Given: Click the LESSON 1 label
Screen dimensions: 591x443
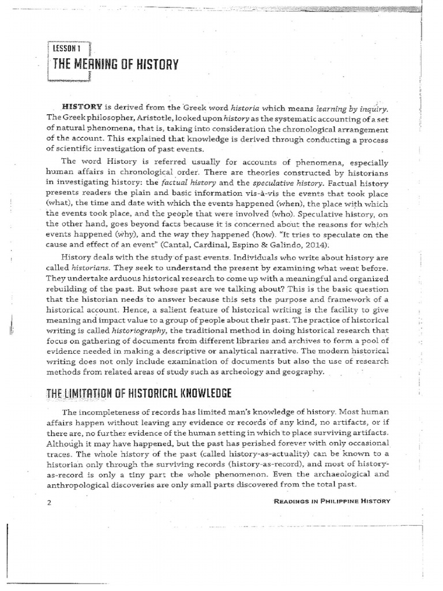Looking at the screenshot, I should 68,50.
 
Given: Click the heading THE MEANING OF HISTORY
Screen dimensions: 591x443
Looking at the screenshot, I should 115,65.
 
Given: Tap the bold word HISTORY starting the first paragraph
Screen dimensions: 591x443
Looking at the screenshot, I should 86,107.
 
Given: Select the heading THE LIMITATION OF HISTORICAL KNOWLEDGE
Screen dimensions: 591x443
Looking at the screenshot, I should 137,394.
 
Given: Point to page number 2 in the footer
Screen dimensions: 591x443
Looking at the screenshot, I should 50,502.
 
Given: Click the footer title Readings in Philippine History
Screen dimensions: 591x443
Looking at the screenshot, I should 331,501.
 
